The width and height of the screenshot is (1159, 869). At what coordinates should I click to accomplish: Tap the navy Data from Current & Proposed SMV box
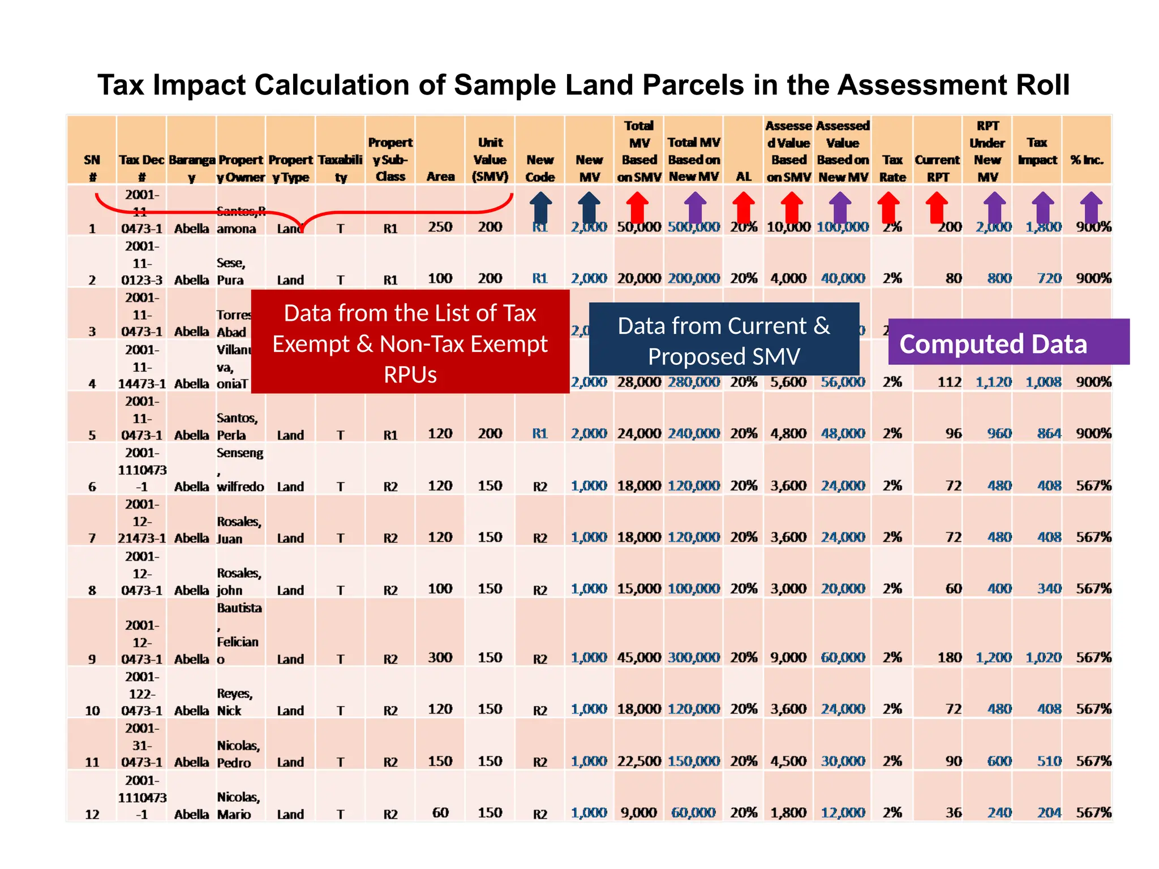(724, 339)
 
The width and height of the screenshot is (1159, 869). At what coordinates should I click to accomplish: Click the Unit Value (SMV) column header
(490, 160)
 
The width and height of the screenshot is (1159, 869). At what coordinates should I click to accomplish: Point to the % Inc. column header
(1087, 160)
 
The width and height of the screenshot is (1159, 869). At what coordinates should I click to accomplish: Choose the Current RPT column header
(937, 168)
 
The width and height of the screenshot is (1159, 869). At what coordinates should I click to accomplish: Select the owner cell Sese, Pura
(231, 271)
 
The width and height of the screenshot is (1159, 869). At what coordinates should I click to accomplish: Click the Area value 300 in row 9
(440, 657)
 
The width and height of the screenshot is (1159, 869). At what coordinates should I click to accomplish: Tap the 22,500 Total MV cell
(639, 761)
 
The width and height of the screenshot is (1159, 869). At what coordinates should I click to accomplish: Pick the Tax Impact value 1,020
(1044, 657)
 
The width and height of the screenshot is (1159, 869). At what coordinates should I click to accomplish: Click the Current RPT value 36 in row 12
(953, 812)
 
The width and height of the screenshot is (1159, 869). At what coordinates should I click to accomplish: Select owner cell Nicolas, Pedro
(238, 754)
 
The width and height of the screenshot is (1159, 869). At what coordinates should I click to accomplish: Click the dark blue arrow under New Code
(540, 207)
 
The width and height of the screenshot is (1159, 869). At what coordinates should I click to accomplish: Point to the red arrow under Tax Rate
(888, 207)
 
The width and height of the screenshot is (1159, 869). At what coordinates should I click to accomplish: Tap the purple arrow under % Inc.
(1091, 207)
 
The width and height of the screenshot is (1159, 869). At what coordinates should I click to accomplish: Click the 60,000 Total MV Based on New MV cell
(693, 812)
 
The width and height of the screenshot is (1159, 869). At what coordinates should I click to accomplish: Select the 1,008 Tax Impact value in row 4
(1044, 382)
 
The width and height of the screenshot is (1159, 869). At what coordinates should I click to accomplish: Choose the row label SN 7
(92, 538)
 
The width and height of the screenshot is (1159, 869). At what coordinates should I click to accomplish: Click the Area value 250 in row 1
(440, 227)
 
